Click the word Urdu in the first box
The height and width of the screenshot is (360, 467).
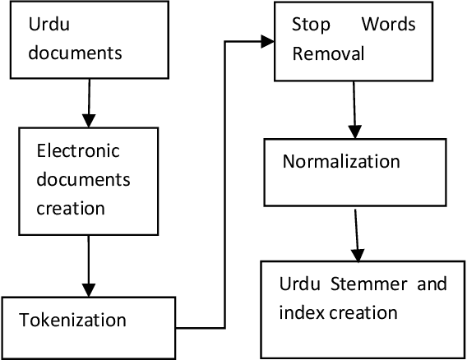[x=46, y=26]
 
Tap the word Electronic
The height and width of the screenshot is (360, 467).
[x=78, y=151]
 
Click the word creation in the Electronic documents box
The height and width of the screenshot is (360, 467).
[x=71, y=208]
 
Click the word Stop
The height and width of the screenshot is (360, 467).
[x=308, y=25]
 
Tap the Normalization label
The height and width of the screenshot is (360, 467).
[x=341, y=161]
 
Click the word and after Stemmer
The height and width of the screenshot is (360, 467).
[x=431, y=285]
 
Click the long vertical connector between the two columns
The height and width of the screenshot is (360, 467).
[x=223, y=181]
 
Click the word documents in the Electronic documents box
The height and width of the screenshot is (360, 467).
[x=83, y=179]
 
